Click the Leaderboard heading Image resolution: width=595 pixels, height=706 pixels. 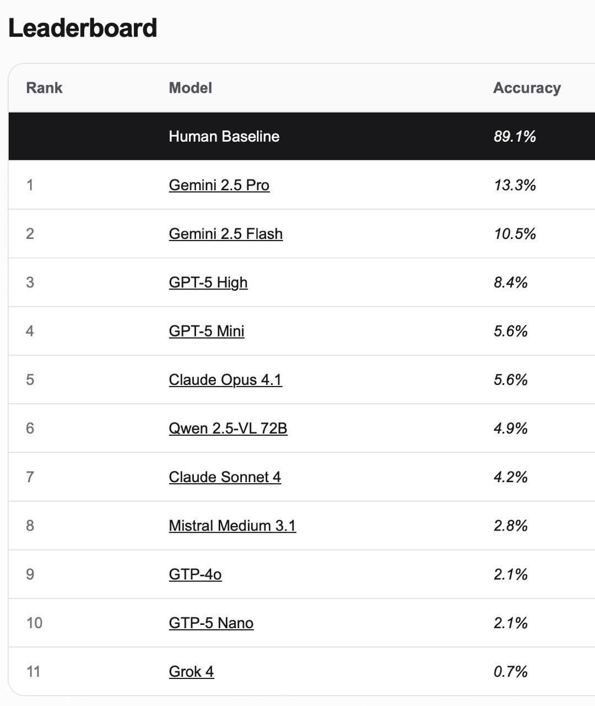point(83,28)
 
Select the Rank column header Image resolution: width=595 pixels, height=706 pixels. point(44,88)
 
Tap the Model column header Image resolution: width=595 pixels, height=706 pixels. point(190,88)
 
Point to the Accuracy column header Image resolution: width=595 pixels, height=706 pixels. point(526,88)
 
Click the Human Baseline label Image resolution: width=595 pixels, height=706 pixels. point(224,136)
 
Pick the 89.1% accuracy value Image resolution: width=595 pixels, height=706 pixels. point(515,136)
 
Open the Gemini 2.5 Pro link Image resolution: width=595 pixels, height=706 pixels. point(219,185)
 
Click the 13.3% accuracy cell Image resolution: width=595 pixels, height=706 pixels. point(515,185)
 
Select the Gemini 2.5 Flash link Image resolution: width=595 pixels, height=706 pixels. point(225,233)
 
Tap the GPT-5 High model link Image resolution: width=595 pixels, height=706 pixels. point(208,282)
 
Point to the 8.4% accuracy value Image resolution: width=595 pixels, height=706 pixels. point(510,282)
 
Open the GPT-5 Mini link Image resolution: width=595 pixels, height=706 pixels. point(206,331)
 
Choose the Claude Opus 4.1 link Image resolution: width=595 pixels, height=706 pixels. point(225,379)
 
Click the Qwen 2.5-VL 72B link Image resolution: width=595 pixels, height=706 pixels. point(228,428)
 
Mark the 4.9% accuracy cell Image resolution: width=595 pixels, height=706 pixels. point(510,428)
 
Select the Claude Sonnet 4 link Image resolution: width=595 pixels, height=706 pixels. point(225,477)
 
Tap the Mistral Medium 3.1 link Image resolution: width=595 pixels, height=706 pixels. point(232,525)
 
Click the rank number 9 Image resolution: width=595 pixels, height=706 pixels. point(30,574)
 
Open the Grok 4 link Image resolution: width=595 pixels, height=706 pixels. point(191,671)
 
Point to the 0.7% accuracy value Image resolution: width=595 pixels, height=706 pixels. point(510,671)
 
